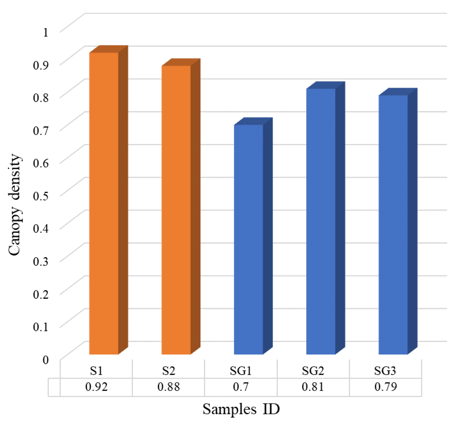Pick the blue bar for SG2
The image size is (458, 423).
(321, 221)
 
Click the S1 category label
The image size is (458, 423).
(96, 371)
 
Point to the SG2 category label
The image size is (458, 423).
(313, 371)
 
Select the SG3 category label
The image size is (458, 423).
(385, 371)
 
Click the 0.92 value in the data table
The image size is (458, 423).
(96, 387)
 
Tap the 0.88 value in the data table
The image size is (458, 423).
(169, 387)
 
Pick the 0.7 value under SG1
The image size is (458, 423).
(241, 387)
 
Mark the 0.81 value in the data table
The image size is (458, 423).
(313, 387)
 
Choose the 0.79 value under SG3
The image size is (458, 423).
(385, 387)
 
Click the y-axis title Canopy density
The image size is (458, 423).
(14, 205)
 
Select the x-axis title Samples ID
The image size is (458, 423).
(241, 409)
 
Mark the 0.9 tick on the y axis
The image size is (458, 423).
(41, 65)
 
